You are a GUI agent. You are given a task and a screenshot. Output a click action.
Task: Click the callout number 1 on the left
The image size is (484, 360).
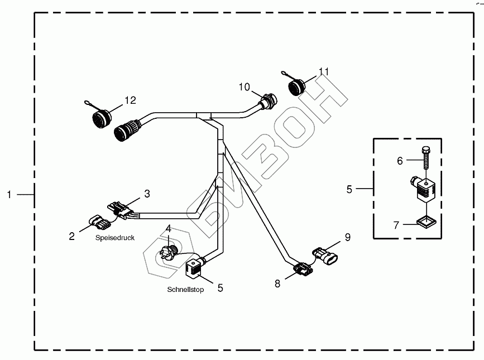click(x=9, y=194)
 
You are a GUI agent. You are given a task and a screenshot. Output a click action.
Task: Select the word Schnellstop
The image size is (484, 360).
click(x=185, y=290)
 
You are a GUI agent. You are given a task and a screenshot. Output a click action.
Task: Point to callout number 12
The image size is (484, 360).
click(x=130, y=100)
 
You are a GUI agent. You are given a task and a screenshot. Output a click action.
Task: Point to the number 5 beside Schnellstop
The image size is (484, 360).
click(x=220, y=288)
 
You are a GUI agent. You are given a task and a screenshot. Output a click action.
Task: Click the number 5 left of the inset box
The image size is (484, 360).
click(x=349, y=189)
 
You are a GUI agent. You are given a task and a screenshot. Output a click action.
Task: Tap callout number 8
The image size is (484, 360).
click(x=277, y=284)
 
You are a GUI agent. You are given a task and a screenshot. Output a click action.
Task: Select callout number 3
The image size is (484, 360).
click(x=147, y=194)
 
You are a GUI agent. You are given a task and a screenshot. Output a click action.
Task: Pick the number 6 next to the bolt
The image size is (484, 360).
click(x=400, y=161)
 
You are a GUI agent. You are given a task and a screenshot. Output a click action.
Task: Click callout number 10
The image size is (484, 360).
click(x=245, y=87)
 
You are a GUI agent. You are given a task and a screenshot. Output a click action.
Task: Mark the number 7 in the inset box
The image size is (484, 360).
click(x=396, y=226)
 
